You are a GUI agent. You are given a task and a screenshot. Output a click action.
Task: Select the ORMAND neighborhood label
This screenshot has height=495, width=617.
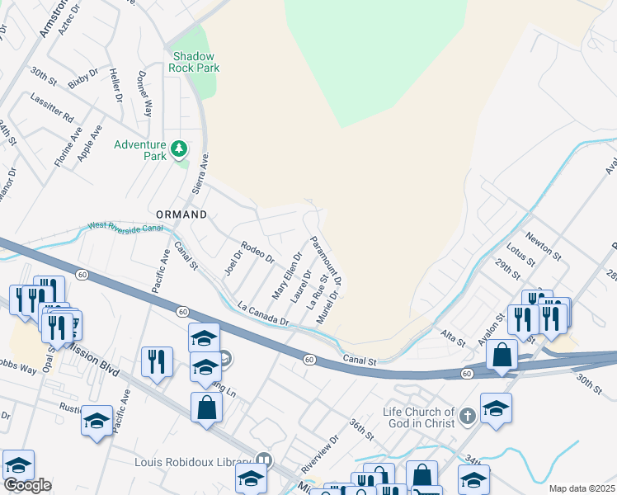point(177,214)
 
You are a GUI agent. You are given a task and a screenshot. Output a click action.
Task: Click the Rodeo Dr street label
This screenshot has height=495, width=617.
point(257,252)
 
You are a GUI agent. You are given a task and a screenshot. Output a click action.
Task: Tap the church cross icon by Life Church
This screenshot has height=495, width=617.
point(468,415)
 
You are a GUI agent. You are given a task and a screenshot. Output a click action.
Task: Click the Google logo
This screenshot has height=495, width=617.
point(27,485)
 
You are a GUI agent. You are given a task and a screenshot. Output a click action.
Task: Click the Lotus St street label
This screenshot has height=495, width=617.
point(521,250)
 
